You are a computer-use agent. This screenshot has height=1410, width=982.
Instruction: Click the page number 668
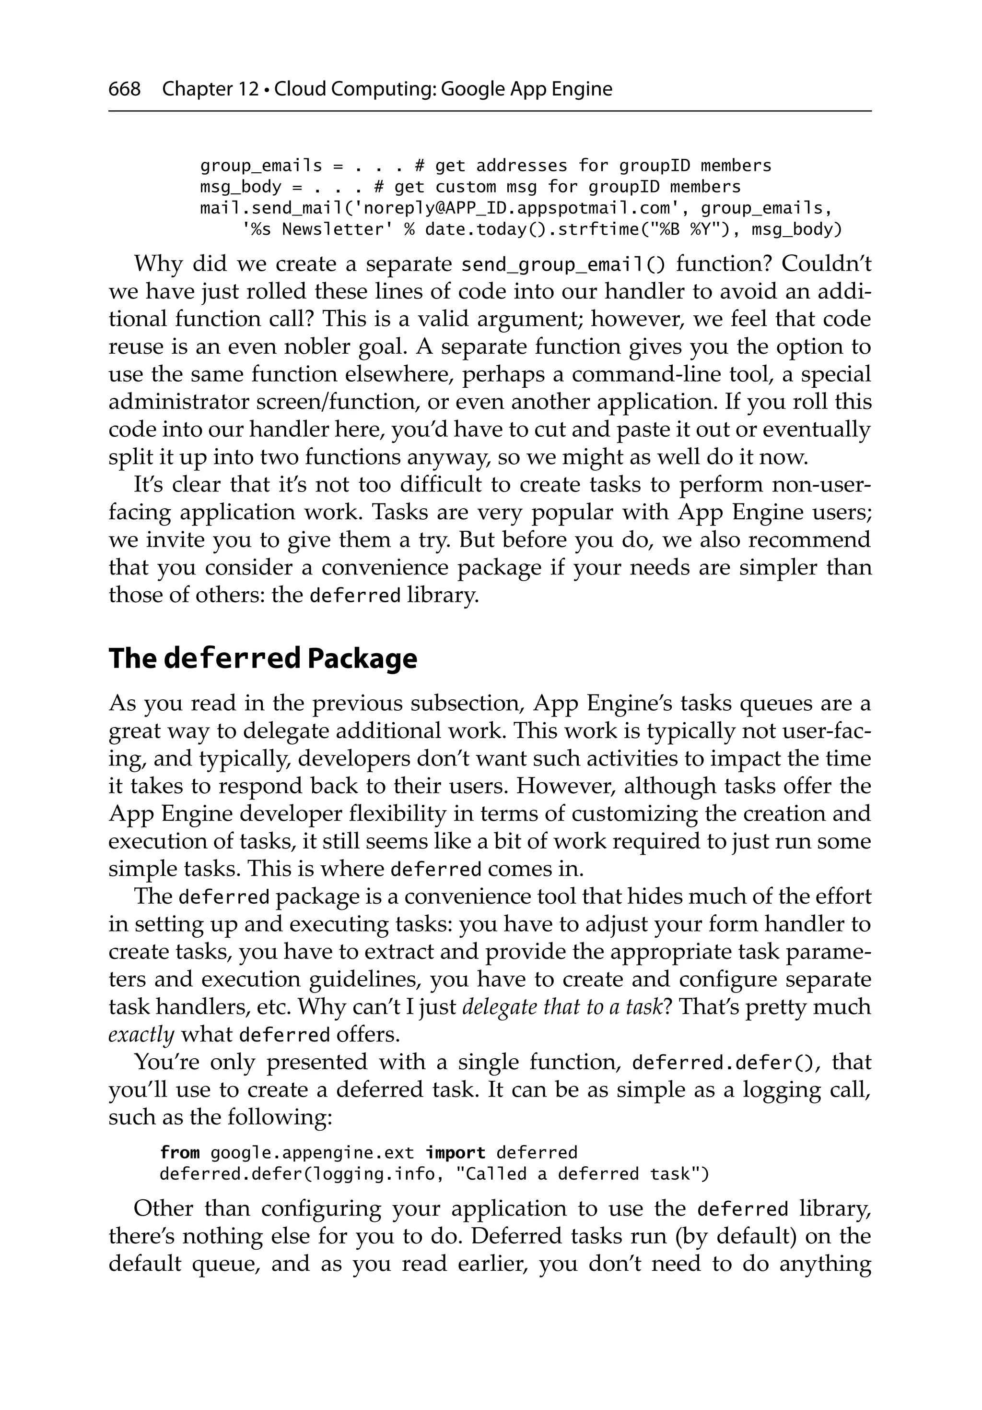[124, 89]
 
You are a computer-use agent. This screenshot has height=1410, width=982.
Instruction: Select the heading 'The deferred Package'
[263, 658]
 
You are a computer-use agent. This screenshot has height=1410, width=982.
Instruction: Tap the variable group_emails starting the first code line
[261, 166]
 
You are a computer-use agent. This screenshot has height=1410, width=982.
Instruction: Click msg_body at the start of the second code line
[241, 187]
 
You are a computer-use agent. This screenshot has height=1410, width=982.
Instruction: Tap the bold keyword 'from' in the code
[179, 1153]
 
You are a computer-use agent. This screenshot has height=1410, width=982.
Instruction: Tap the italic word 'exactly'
[141, 1035]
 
